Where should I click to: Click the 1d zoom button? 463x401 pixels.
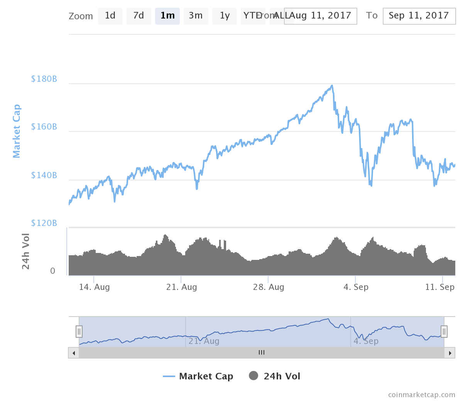click(x=110, y=16)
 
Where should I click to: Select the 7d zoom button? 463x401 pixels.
click(x=139, y=16)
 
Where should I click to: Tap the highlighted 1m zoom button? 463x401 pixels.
click(x=167, y=16)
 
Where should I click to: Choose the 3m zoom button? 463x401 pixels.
click(x=196, y=16)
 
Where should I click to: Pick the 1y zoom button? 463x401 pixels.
click(x=225, y=16)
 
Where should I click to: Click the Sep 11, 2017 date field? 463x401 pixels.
click(x=419, y=16)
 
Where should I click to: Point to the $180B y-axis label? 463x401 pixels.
click(x=44, y=79)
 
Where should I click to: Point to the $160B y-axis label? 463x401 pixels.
click(x=44, y=127)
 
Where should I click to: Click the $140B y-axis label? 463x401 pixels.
click(x=44, y=175)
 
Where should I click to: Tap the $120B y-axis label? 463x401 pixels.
click(x=44, y=223)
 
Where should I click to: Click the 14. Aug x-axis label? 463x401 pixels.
click(x=95, y=287)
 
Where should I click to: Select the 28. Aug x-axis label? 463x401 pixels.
click(x=269, y=287)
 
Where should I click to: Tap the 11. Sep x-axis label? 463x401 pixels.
click(x=440, y=287)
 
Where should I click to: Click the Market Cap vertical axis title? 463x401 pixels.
click(x=16, y=131)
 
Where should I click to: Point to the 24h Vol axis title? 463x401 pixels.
click(x=25, y=251)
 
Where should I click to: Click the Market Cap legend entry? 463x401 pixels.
click(x=198, y=376)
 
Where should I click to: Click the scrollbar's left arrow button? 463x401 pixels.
click(x=74, y=353)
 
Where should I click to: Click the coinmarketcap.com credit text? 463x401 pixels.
click(x=421, y=395)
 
